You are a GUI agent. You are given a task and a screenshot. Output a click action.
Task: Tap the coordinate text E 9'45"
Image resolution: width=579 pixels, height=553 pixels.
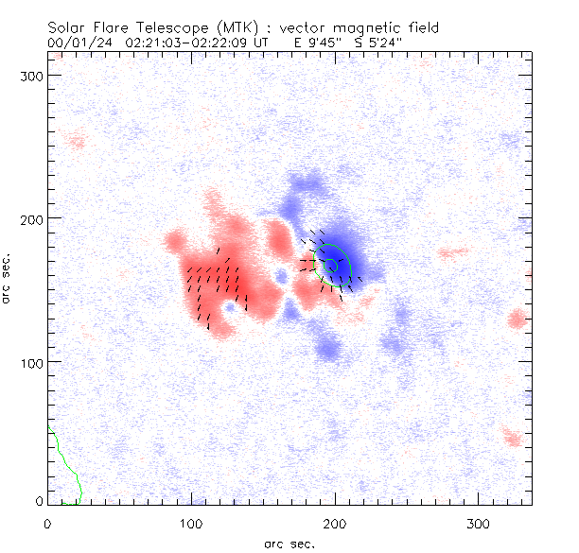(311, 43)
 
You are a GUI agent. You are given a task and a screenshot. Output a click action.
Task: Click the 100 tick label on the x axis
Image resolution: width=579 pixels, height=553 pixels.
(191, 522)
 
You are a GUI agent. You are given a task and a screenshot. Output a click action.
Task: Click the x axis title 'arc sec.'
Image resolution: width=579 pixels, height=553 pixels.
(290, 543)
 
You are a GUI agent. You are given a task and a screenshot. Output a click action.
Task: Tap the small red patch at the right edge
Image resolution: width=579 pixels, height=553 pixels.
(517, 319)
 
